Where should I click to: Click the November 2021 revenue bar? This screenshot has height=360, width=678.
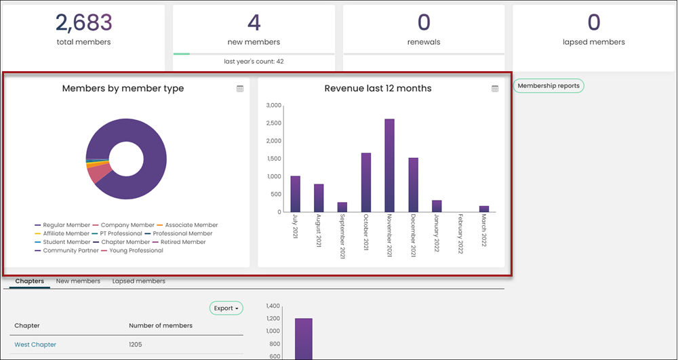pyautogui.click(x=390, y=165)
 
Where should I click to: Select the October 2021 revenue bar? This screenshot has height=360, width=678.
pyautogui.click(x=366, y=182)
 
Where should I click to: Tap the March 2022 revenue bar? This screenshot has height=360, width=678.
pyautogui.click(x=484, y=209)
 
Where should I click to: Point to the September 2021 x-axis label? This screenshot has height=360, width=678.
pyautogui.click(x=342, y=236)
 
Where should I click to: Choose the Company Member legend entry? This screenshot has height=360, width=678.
pyautogui.click(x=123, y=225)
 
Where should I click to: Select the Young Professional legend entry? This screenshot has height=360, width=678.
pyautogui.click(x=132, y=251)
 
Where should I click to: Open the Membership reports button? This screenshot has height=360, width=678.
pyautogui.click(x=549, y=85)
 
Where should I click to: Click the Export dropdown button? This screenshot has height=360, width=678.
pyautogui.click(x=226, y=308)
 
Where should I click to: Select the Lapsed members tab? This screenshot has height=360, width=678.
pyautogui.click(x=139, y=281)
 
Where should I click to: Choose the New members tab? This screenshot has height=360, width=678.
pyautogui.click(x=78, y=281)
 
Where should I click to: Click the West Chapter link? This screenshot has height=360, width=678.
pyautogui.click(x=35, y=344)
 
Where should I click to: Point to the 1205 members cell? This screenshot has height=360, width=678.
pyautogui.click(x=136, y=344)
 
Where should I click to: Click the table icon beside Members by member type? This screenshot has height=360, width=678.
pyautogui.click(x=240, y=89)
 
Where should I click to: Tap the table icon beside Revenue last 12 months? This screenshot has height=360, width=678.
pyautogui.click(x=495, y=89)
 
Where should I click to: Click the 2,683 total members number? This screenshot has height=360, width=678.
pyautogui.click(x=84, y=22)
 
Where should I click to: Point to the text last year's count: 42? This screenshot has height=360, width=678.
pyautogui.click(x=254, y=62)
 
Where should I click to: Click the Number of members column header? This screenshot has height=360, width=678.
pyautogui.click(x=161, y=325)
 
